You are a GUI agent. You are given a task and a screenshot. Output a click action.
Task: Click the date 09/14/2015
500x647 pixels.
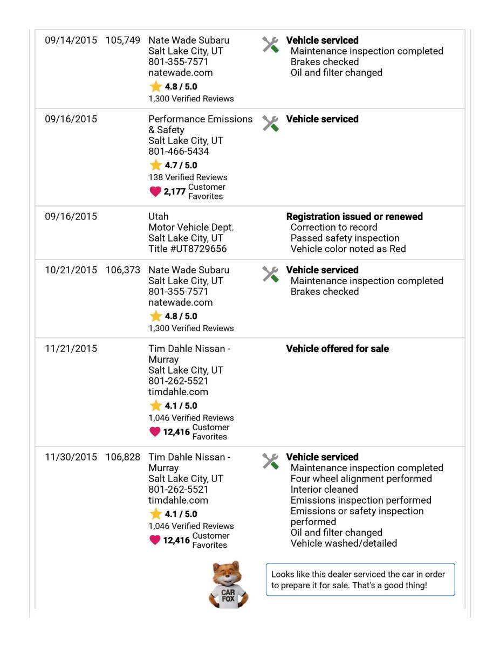coord(71,40)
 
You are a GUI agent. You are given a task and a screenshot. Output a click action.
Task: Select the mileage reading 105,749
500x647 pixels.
coord(124,40)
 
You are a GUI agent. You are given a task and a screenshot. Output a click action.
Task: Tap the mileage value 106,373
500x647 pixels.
coord(124,270)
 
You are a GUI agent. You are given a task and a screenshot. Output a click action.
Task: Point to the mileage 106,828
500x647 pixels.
coord(124,457)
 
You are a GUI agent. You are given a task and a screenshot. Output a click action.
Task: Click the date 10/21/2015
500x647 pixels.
coord(71,270)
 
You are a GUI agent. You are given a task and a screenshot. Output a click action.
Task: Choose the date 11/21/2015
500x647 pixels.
coord(71,349)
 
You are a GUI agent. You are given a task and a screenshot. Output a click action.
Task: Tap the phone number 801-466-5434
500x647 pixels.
coord(179,152)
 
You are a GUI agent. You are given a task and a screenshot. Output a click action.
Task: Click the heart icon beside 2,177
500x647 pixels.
coord(155,191)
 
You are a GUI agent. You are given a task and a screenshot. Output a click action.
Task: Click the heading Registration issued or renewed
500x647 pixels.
coord(354,217)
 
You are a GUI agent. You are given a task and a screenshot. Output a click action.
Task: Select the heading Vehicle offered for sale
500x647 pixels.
coord(337,349)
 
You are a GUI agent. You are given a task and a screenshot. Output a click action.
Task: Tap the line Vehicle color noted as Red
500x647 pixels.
coord(348,249)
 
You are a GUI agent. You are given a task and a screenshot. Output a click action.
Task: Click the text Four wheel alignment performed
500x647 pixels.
coord(361,479)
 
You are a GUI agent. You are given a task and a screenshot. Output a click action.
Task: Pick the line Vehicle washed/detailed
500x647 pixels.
coord(344,543)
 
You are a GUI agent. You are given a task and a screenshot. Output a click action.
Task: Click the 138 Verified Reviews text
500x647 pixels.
coord(188,177)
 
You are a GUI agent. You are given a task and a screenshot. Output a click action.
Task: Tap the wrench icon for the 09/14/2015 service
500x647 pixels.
coord(270,45)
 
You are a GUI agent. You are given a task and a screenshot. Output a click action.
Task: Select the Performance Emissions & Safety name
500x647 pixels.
coord(200,125)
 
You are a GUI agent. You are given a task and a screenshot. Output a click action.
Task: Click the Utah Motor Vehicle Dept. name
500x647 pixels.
coord(191,222)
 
